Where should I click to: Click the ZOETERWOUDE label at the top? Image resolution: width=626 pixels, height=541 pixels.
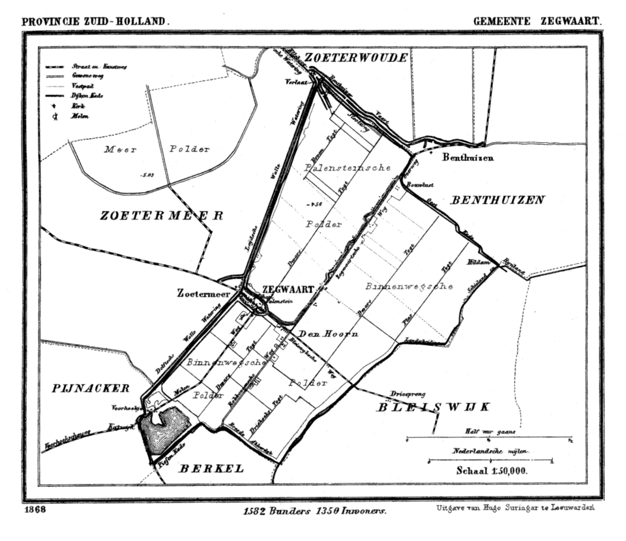click(357, 57)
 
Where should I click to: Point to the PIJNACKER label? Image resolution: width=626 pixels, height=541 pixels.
click(91, 388)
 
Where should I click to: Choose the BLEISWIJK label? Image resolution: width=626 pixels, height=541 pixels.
click(433, 407)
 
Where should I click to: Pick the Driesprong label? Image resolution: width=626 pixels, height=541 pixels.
click(408, 394)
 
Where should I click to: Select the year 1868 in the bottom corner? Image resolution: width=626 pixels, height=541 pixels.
click(34, 510)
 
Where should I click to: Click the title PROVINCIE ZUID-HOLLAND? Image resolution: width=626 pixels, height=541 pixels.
click(95, 21)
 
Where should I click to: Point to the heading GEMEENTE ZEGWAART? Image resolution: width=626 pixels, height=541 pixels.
click(537, 21)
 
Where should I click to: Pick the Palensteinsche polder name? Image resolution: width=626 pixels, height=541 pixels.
click(348, 168)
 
